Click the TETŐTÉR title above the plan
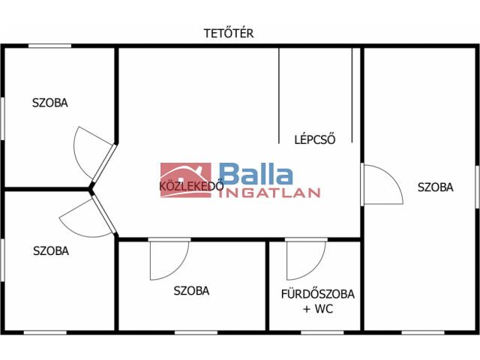coord(229,34)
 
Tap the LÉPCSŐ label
coord(314,139)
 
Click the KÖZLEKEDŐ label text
coord(190,187)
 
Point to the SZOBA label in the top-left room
coord(49,103)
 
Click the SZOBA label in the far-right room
coord(435,187)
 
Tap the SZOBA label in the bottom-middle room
coord(191,291)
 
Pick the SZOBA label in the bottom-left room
coord(51,251)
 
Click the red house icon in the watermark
coord(185,179)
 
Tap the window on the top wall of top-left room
coord(49,46)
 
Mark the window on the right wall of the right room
coord(477,187)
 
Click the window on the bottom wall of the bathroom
coord(322,331)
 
